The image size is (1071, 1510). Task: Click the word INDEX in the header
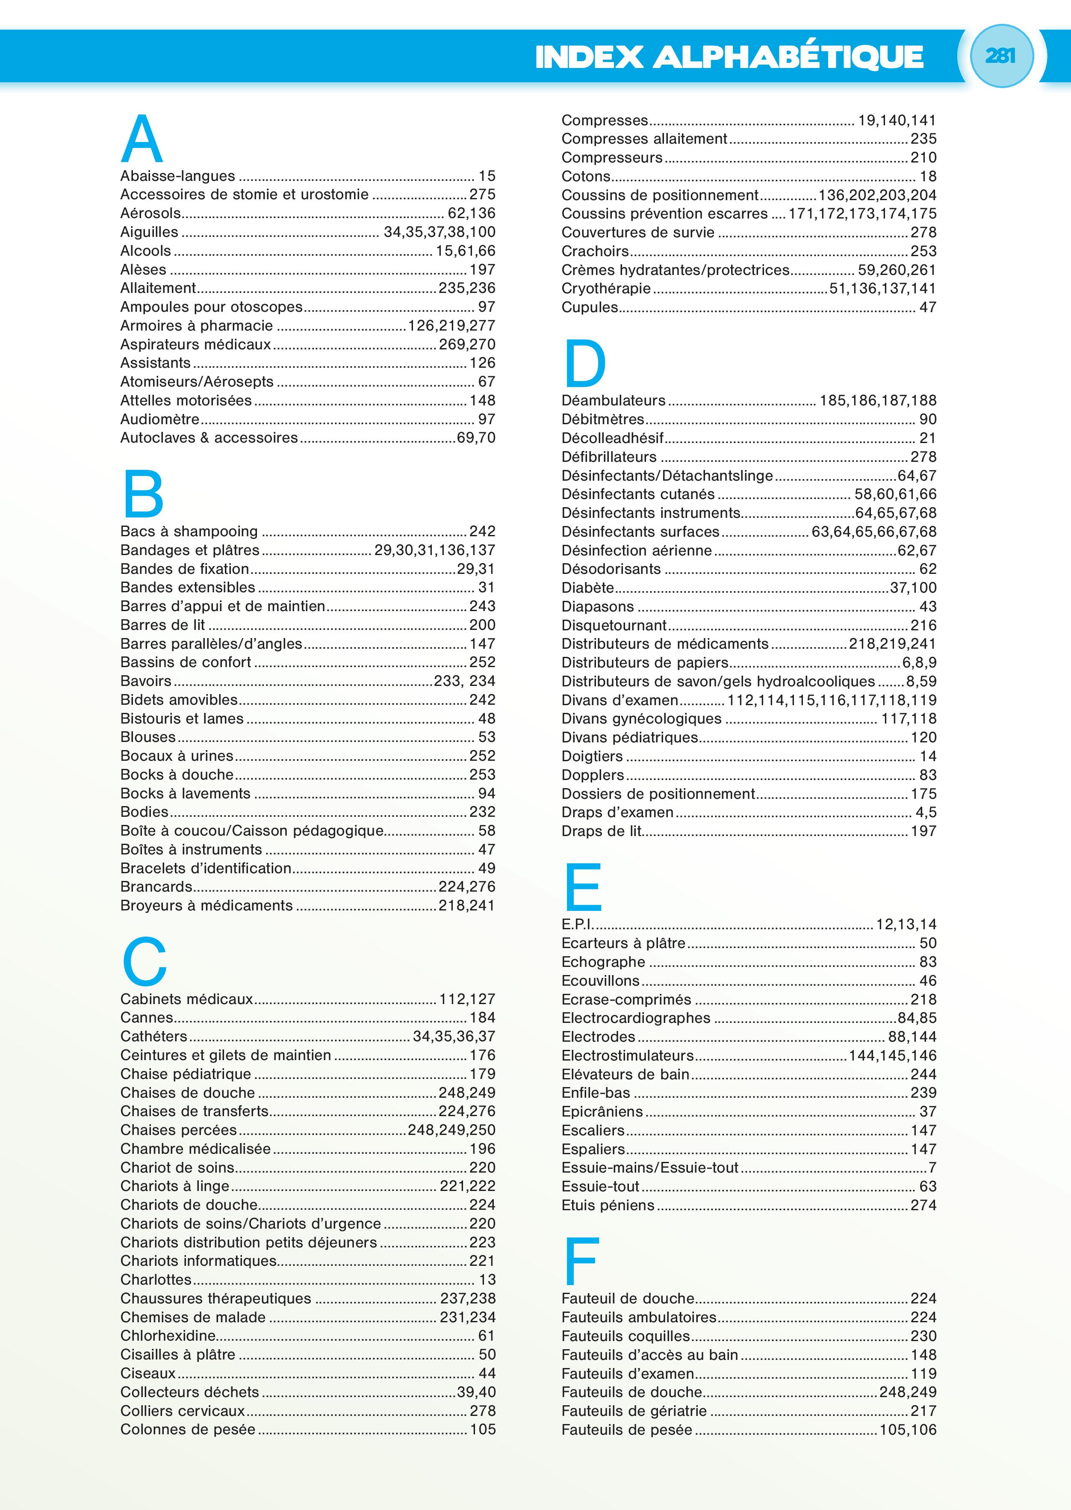(589, 57)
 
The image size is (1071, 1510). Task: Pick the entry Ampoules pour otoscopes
(211, 307)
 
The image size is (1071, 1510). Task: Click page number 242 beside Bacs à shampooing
(482, 531)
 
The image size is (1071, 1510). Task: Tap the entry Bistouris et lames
(182, 718)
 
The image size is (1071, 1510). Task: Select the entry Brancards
(156, 886)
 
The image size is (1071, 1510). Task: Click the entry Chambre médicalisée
(195, 1149)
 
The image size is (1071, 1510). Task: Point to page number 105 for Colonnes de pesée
(482, 1430)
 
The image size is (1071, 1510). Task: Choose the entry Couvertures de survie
(638, 232)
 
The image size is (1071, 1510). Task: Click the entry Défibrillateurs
(609, 456)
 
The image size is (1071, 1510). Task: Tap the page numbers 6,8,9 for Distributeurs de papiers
(919, 662)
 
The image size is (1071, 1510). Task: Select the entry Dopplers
(592, 775)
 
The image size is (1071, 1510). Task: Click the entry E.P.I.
(578, 924)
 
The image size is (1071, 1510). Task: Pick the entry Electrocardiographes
(636, 1018)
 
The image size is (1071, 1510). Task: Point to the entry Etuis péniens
(608, 1205)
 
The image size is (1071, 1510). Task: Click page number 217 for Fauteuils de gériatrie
(923, 1411)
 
